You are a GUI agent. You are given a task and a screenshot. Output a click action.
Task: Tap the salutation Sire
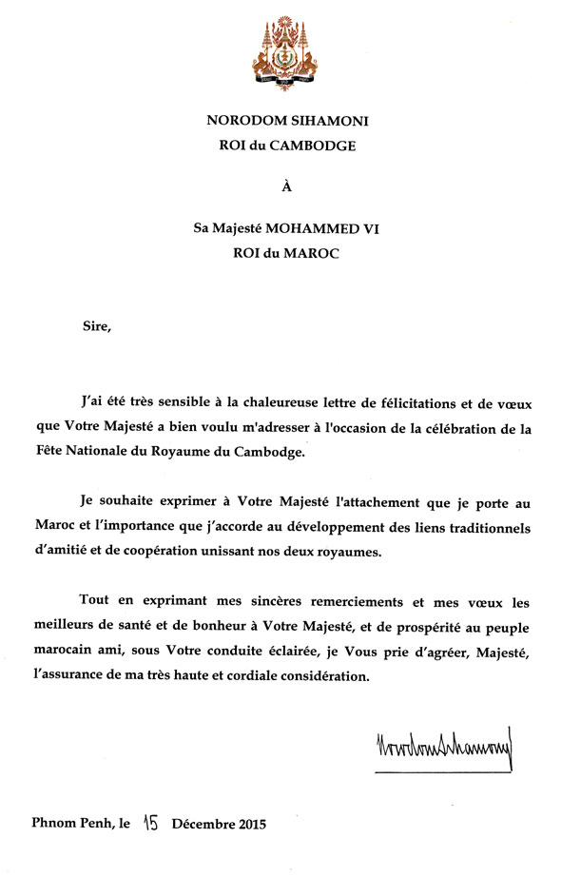(x=96, y=327)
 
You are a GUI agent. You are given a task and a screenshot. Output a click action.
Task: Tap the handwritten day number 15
(x=152, y=823)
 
